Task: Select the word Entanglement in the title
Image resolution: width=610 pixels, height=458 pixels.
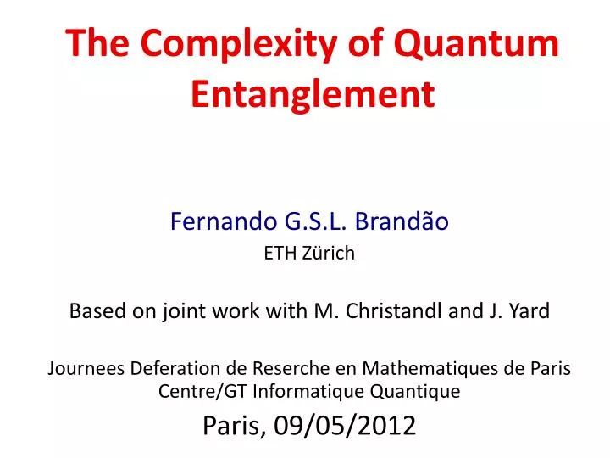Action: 313,93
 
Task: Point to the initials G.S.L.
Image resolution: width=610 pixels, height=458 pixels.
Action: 321,222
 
